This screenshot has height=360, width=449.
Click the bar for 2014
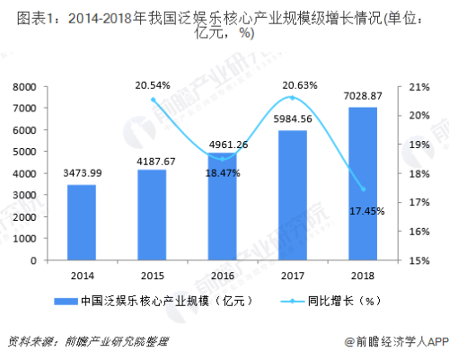pos(82,222)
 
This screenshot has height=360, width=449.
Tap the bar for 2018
pos(362,184)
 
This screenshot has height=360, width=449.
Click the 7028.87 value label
pos(362,96)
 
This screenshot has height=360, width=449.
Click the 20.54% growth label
pos(153,85)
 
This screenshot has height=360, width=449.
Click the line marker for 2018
pos(362,189)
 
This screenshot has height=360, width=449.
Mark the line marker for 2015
pos(153,100)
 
